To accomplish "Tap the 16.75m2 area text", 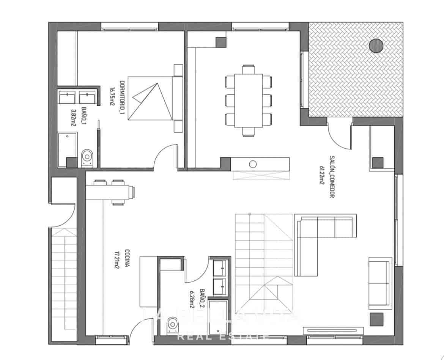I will click(x=112, y=96).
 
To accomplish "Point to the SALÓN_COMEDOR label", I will click(x=332, y=177).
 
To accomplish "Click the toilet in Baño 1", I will click(x=87, y=158).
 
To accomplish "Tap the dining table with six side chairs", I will click(x=249, y=101).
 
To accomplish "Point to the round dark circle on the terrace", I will click(x=376, y=46).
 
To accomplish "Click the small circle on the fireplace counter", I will click(x=253, y=164).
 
